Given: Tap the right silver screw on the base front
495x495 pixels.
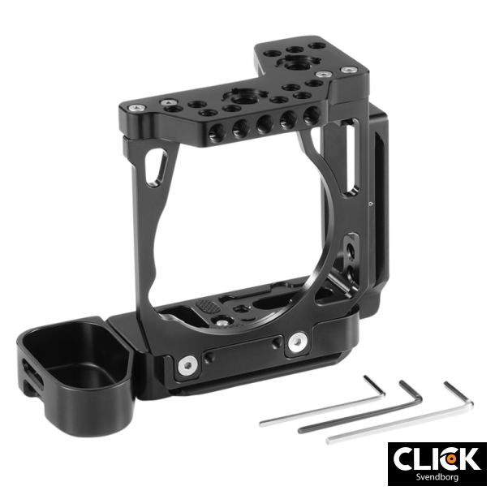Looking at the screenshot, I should [296, 342].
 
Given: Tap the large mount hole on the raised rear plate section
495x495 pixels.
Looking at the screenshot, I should [291, 63].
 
